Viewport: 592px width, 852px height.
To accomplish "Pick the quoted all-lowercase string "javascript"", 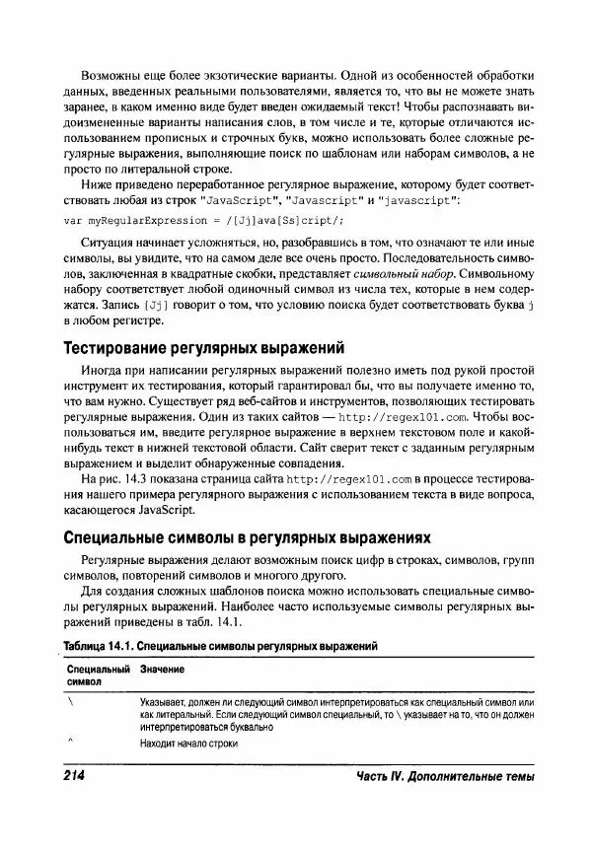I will coord(418,200).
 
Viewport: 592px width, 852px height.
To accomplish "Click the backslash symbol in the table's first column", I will coord(71,700).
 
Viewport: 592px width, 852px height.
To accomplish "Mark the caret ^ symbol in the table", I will coord(71,739).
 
